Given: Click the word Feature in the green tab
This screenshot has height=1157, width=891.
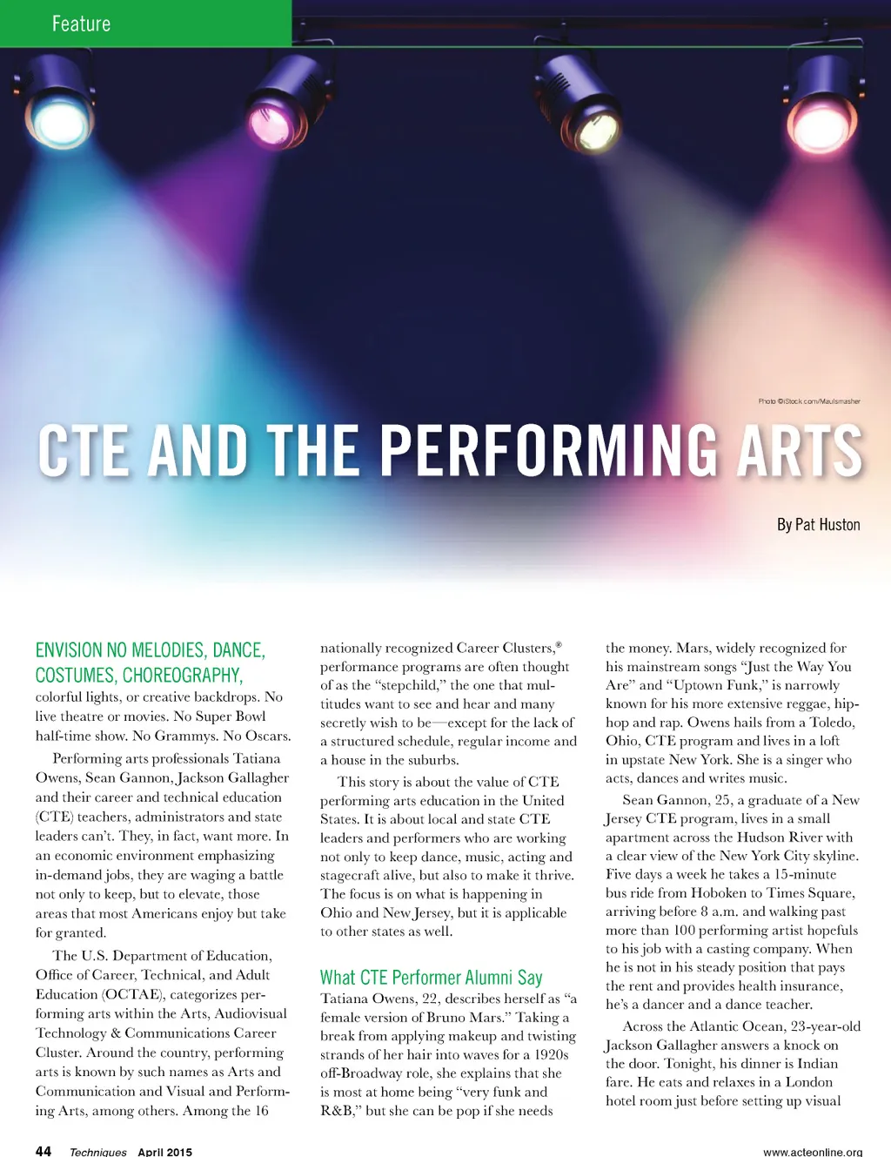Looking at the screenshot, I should (81, 24).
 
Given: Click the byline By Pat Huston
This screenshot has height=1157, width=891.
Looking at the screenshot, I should (818, 525).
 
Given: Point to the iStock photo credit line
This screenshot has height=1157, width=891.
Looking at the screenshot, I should (808, 401).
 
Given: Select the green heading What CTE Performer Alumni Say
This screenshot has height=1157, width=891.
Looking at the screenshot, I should (431, 978).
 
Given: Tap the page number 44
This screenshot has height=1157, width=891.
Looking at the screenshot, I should (43, 1151).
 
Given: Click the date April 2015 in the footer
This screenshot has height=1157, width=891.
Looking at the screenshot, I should (164, 1152).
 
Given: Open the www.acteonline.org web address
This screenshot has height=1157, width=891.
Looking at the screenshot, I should (813, 1152).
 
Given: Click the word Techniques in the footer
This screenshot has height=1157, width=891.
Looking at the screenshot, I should (97, 1152).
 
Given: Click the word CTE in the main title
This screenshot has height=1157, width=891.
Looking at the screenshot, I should (86, 451).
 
